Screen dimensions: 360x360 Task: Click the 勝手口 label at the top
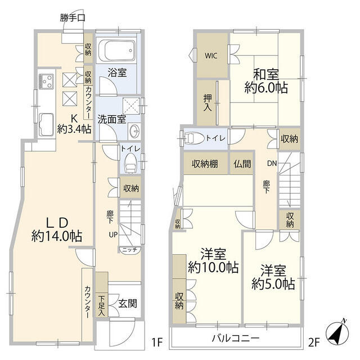73,18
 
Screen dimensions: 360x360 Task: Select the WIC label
211,56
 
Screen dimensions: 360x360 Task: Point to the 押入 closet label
208,102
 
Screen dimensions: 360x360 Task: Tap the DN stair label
271,164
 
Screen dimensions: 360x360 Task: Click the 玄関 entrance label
127,304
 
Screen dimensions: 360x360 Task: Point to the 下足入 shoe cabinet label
102,305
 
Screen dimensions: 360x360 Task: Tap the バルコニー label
236,339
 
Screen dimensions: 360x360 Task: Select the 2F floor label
314,341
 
